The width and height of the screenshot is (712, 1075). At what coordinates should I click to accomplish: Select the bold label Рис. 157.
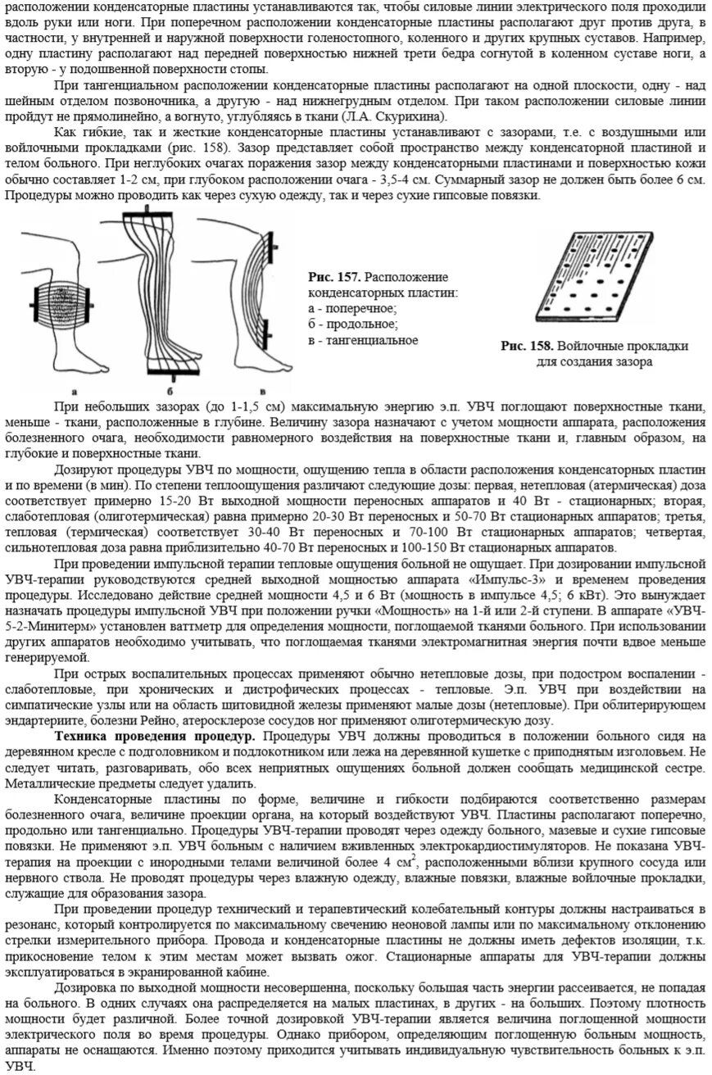pos(333,278)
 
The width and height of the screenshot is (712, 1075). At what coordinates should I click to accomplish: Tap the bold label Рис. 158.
pos(527,347)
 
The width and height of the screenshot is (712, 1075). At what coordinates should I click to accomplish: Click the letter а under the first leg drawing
pos(75,391)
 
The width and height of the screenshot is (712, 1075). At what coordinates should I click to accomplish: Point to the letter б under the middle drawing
pos(168,391)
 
